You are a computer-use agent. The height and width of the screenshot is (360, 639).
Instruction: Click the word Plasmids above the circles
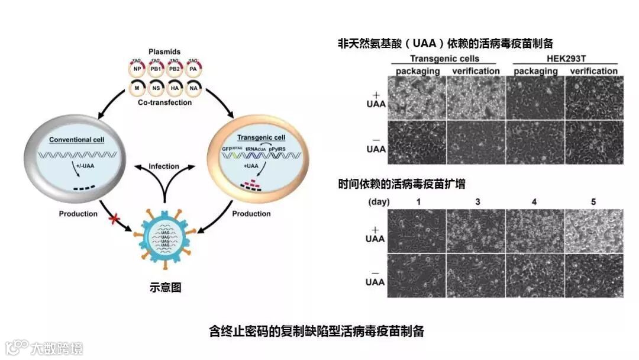click(x=164, y=52)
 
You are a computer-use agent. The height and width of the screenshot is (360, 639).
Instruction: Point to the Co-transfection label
click(x=165, y=102)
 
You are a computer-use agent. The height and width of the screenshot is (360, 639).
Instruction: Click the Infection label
click(x=164, y=166)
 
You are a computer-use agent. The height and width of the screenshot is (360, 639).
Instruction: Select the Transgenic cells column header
click(x=444, y=59)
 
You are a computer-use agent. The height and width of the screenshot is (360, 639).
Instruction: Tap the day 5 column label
click(x=593, y=202)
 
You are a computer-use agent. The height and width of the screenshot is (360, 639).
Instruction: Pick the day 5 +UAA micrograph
click(x=593, y=231)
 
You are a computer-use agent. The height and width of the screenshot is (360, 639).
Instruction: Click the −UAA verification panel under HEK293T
click(x=593, y=142)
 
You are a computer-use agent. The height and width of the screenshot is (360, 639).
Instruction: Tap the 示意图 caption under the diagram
click(x=165, y=288)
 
